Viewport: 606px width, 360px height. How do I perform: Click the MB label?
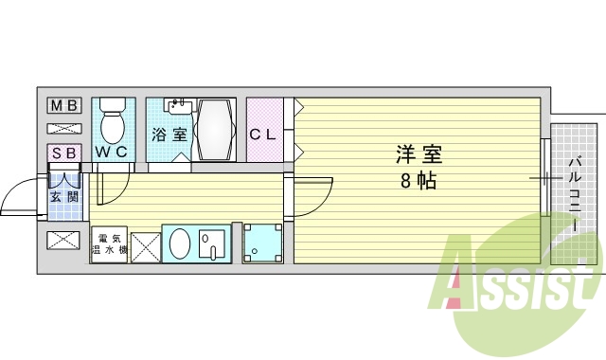click(x=63, y=105)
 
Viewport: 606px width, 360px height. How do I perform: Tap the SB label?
click(x=64, y=153)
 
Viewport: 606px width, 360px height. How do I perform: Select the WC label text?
click(x=112, y=152)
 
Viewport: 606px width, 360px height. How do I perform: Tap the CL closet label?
click(x=263, y=135)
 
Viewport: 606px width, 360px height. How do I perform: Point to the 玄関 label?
click(x=64, y=197)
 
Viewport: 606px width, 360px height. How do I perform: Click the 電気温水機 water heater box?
click(x=109, y=244)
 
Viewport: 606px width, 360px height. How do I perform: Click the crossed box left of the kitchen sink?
click(x=145, y=245)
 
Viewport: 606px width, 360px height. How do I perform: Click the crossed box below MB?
click(x=63, y=128)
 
